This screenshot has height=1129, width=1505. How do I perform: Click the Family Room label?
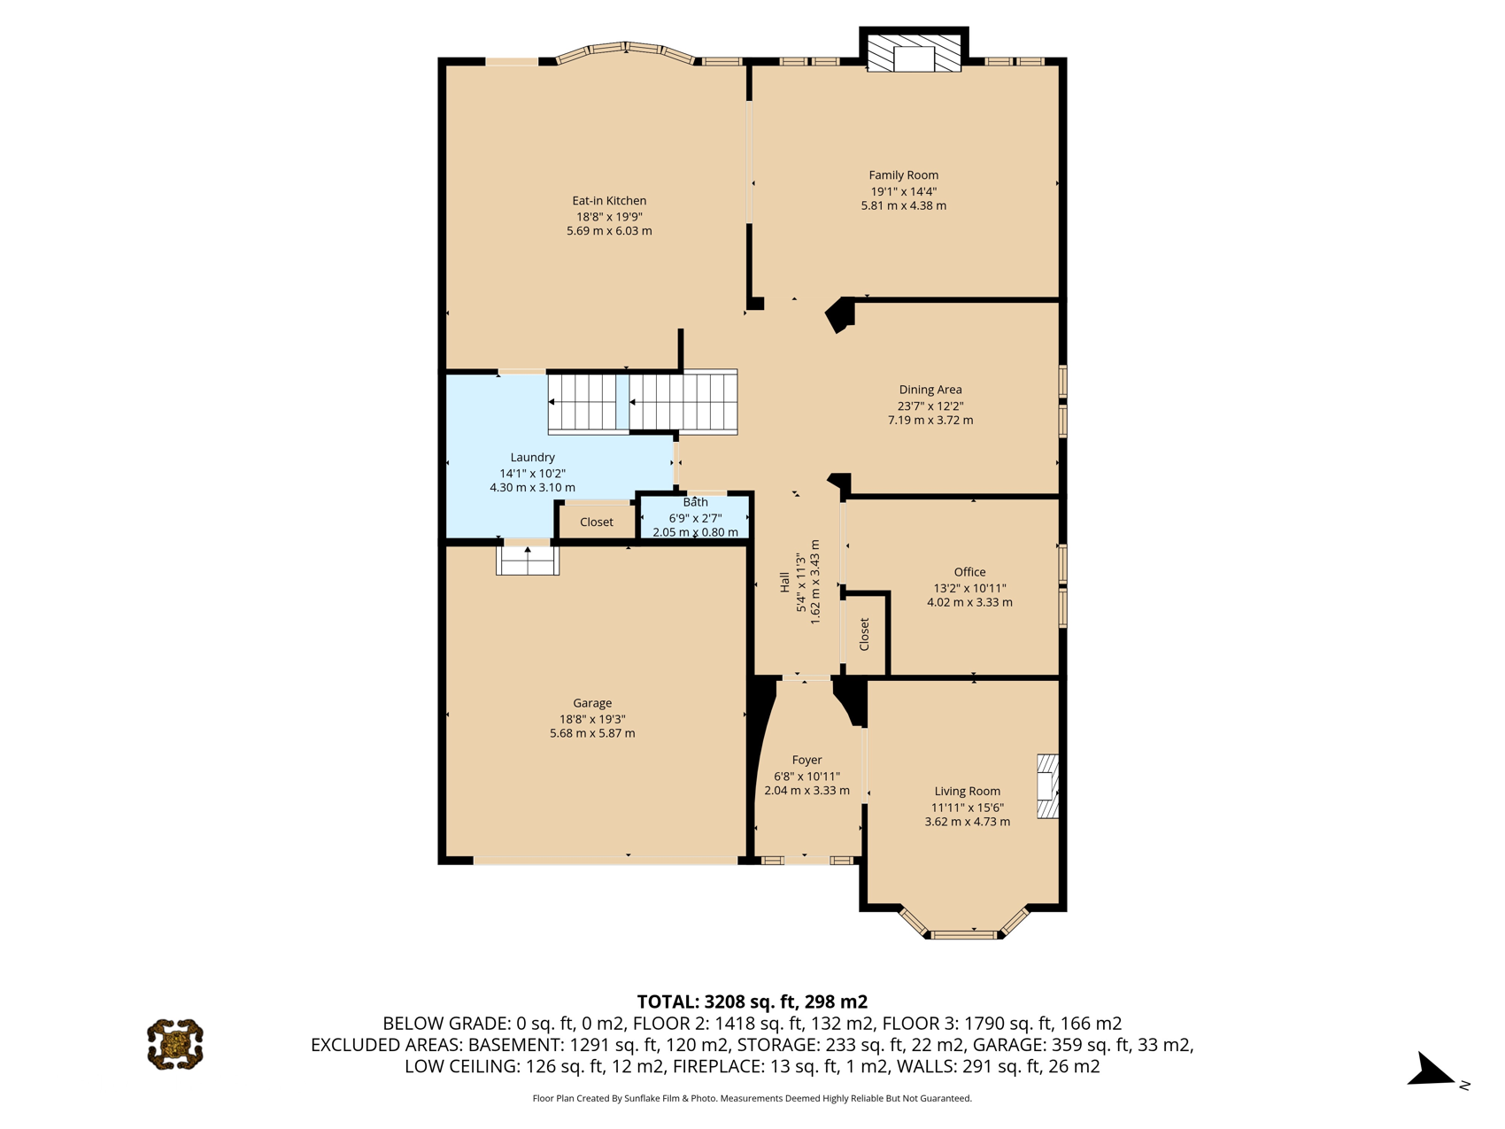point(903,175)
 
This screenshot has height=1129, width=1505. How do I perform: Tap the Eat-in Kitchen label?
point(609,201)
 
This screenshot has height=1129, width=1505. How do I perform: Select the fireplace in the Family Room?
point(914,53)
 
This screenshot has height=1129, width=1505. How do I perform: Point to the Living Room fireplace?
point(1048,785)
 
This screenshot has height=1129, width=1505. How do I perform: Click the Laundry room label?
point(532,457)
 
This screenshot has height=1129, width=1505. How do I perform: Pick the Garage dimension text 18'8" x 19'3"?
point(592,719)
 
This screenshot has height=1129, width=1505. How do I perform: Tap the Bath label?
point(695,502)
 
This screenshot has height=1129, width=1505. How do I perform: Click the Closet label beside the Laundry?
point(597,522)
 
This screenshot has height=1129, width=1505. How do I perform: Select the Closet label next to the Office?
point(864,634)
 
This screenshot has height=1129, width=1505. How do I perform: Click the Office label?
point(969,572)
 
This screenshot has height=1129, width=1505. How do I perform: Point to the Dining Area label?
point(930,390)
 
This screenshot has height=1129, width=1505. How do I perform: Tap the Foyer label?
point(807,760)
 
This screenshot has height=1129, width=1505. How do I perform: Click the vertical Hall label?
point(784,583)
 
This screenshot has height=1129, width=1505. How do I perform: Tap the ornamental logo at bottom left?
point(175,1044)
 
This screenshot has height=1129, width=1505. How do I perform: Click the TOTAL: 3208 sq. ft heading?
point(752,1001)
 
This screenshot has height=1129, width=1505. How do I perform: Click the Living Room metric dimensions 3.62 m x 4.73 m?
point(967,822)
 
